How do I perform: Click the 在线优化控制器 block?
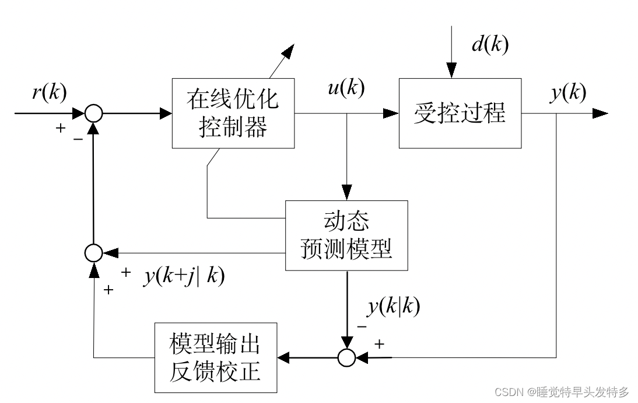coord(233,113)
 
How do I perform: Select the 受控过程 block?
coord(460,113)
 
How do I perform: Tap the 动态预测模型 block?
coord(346,236)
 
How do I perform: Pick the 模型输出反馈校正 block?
coord(215,357)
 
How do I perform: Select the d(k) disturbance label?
coord(489,44)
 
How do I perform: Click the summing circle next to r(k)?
coord(93,113)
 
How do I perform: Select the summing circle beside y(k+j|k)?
coord(93,253)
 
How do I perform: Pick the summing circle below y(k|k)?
coord(346,357)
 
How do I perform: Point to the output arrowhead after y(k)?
coord(601,113)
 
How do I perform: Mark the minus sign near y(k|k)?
coord(362,326)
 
